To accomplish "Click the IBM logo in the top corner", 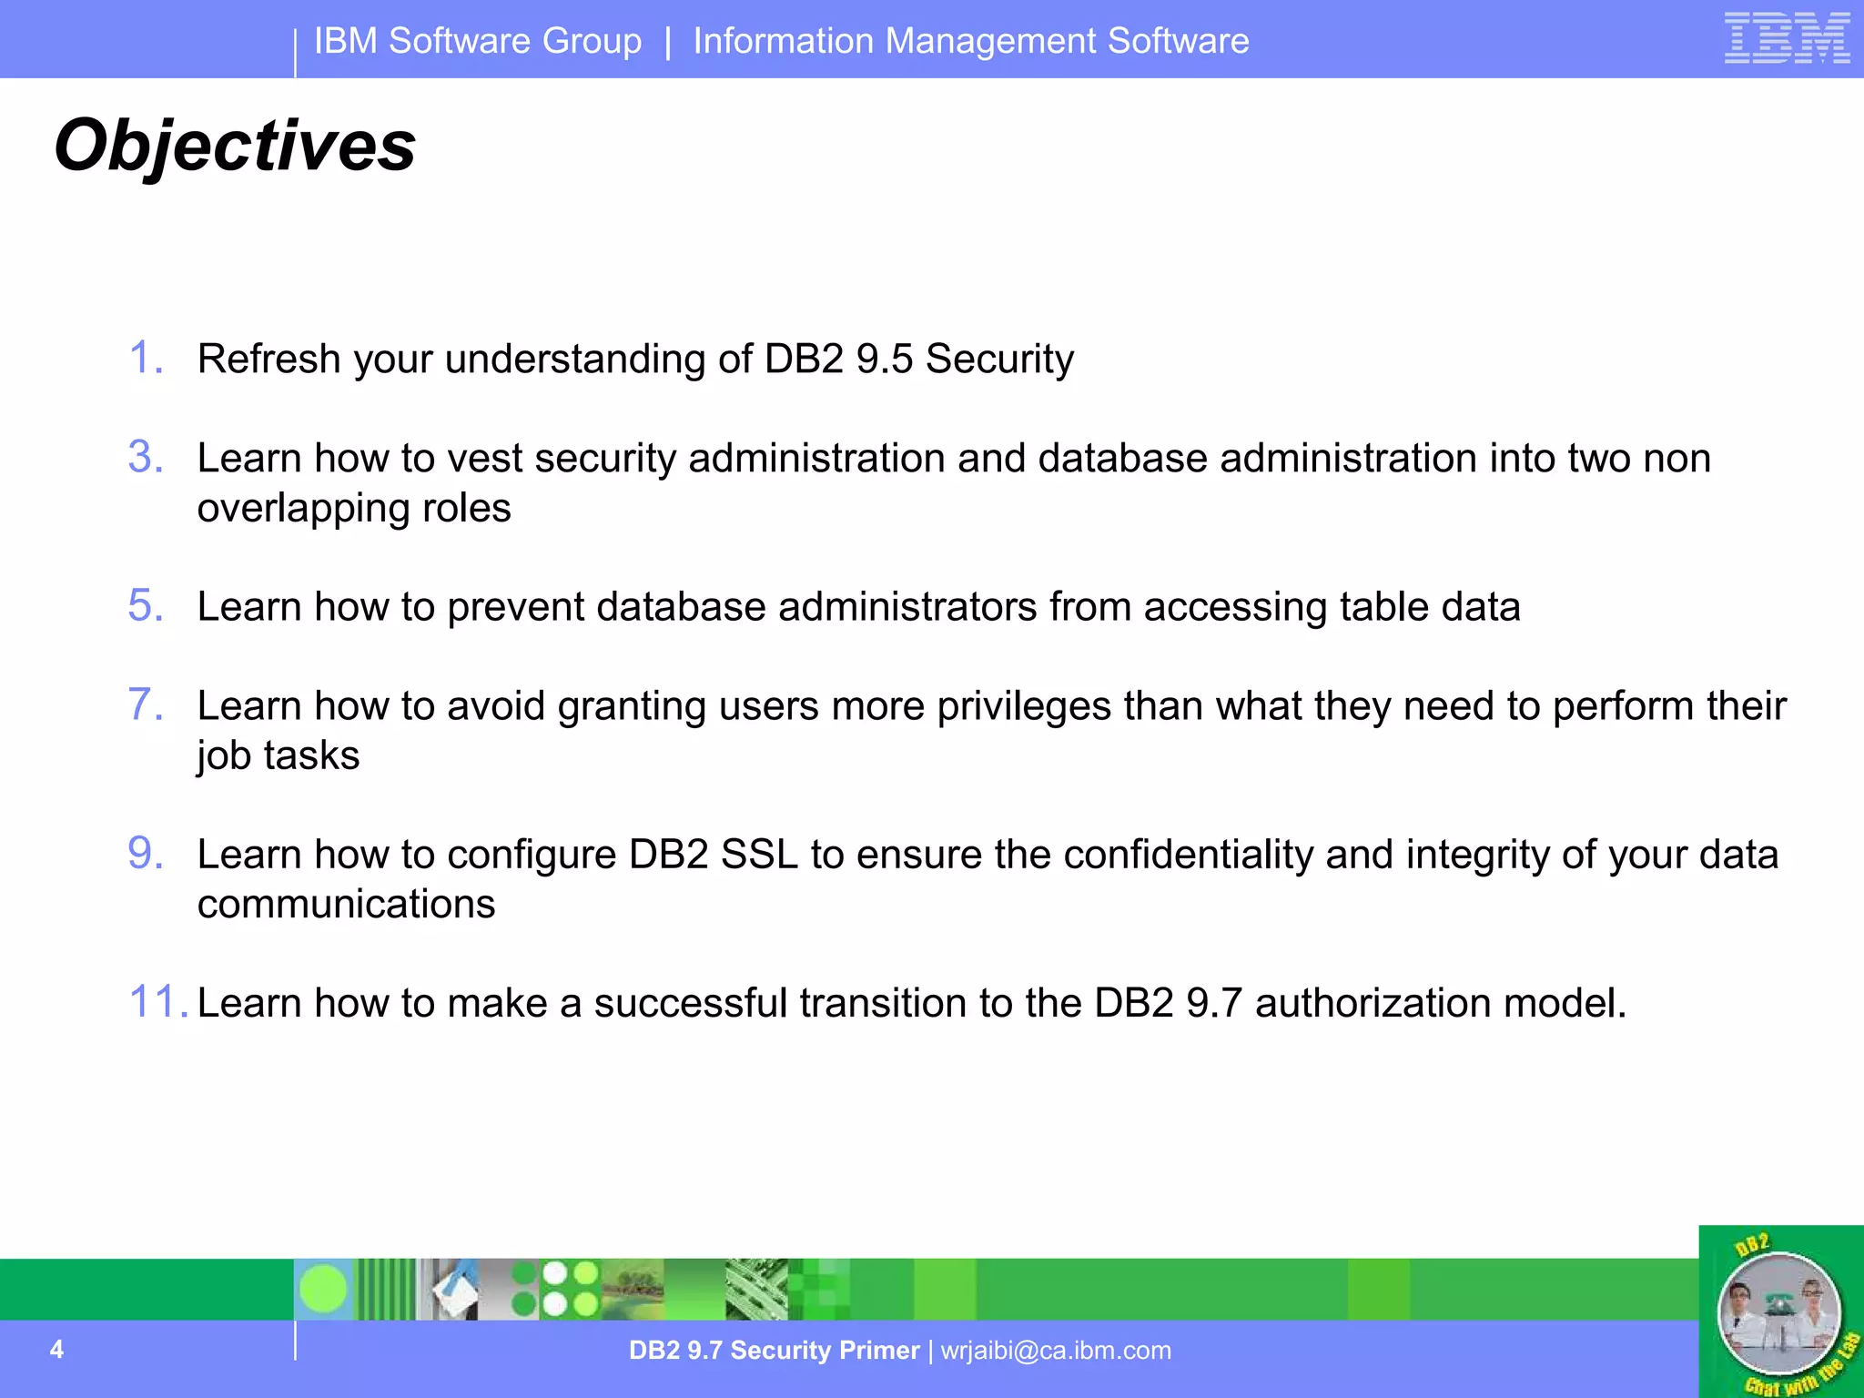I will [x=1787, y=38].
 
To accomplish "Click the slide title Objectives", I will [x=235, y=146].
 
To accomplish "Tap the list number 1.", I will [x=145, y=358].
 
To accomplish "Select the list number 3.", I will [x=145, y=457].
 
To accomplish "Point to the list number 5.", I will [x=145, y=606].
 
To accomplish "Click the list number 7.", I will [x=145, y=705].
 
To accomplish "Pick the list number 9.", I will [x=145, y=854].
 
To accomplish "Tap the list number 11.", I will [x=157, y=1002].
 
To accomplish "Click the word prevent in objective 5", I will [x=515, y=607].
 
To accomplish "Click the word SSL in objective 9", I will [x=759, y=855].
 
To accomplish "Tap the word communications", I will [x=346, y=904].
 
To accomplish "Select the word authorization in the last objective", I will [x=1373, y=1003].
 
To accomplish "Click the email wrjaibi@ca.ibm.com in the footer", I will [x=1056, y=1350].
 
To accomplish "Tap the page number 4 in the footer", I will [x=56, y=1349].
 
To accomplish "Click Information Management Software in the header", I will [x=970, y=41].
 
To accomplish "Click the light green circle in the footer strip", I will [x=323, y=1289].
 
